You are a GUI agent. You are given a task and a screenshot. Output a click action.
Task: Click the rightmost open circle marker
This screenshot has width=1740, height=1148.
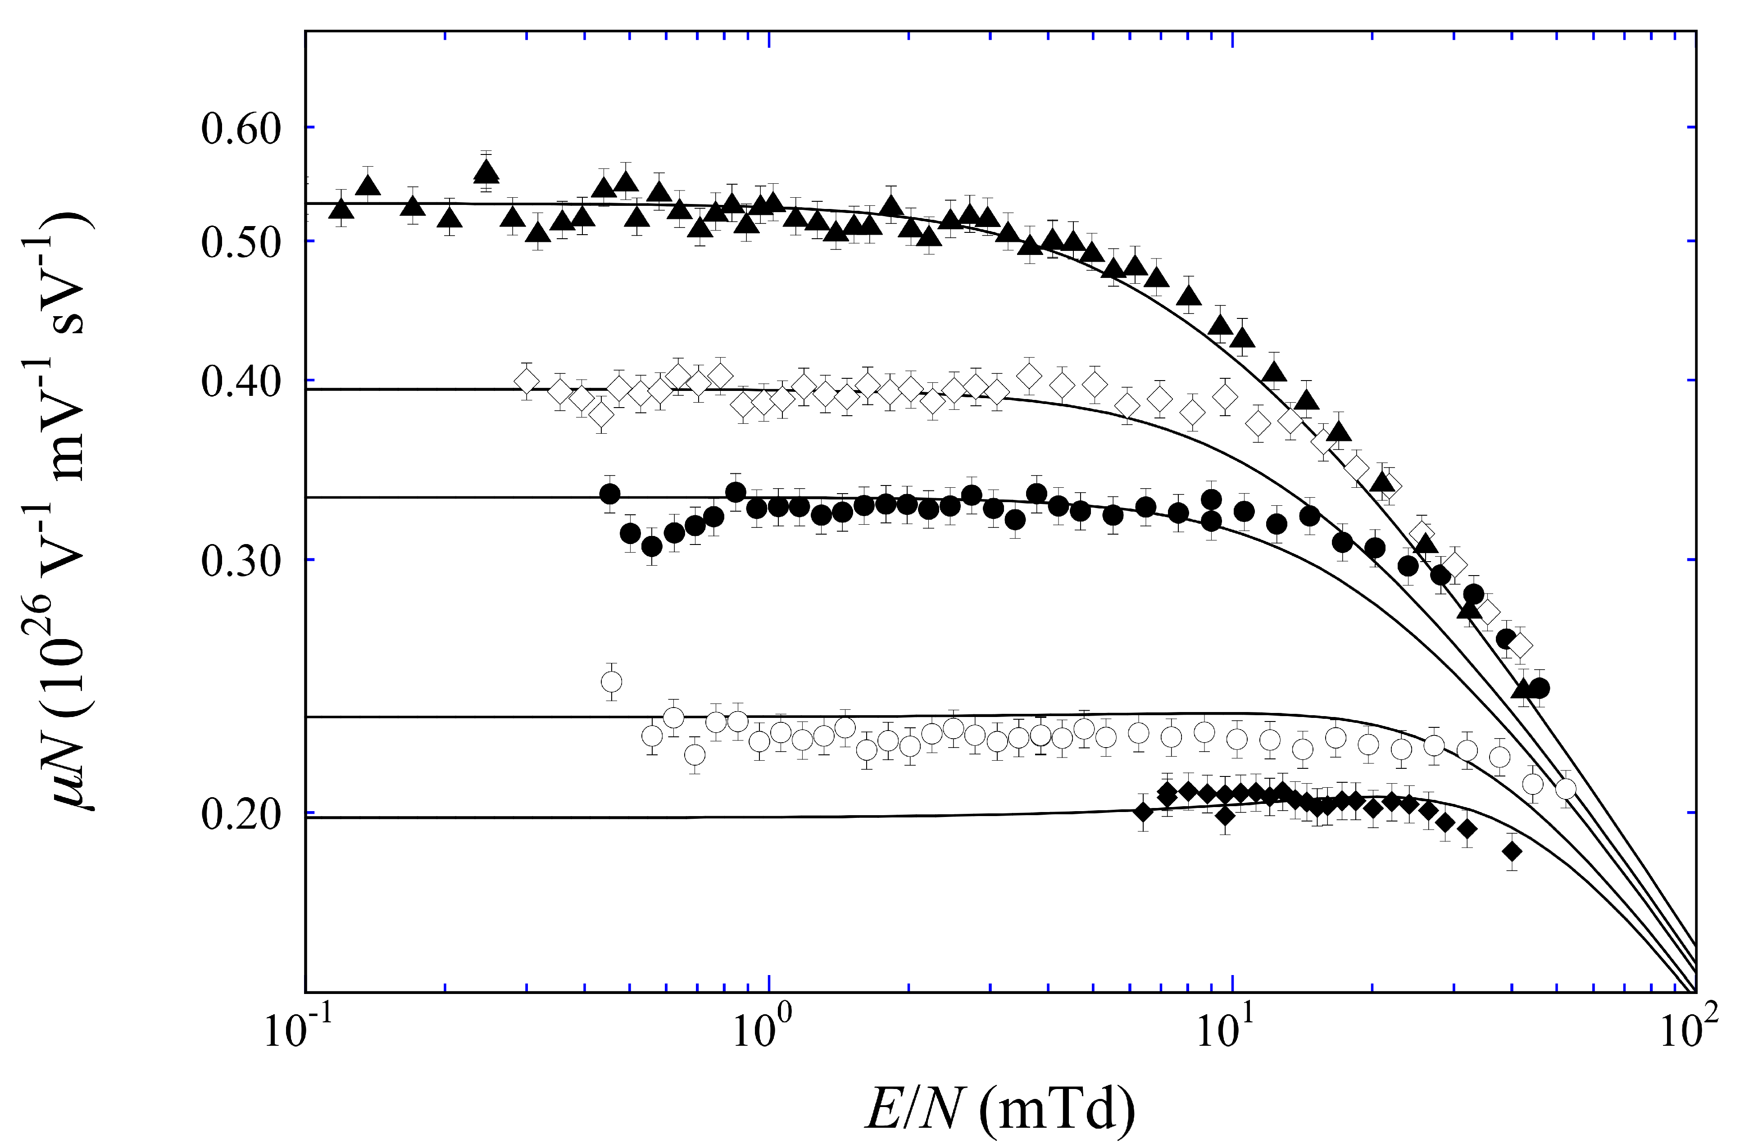(x=1565, y=789)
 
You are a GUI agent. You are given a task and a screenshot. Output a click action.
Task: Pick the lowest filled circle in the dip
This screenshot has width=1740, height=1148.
(x=651, y=546)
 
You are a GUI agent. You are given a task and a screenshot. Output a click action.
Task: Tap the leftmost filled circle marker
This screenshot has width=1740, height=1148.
(x=610, y=494)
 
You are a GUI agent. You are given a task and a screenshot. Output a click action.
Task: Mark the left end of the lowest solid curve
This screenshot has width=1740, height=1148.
(x=308, y=818)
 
